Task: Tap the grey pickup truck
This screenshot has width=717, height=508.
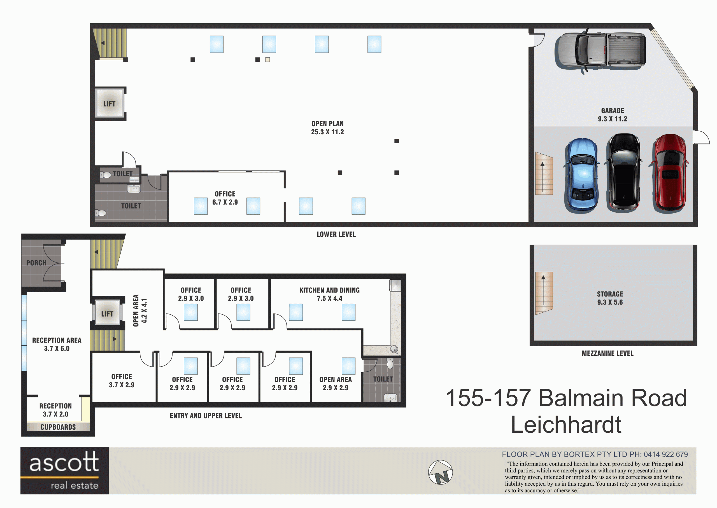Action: pos(600,51)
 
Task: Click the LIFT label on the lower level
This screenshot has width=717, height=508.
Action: pos(109,104)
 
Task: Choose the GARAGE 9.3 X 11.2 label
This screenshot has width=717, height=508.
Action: pos(613,115)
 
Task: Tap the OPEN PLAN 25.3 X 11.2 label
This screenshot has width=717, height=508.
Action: pos(327,128)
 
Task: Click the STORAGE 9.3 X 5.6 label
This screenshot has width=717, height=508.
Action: pos(610,298)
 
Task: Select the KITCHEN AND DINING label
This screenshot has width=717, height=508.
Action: pos(330,290)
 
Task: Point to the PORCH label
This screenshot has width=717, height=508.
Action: pos(36,263)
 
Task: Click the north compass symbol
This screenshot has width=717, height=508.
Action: pos(440,472)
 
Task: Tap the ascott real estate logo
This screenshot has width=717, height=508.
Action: pos(64,470)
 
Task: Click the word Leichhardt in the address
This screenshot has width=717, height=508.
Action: pos(566,425)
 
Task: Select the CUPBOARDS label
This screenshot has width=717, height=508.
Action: pos(58,427)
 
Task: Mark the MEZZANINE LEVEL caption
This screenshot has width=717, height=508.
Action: pos(607,353)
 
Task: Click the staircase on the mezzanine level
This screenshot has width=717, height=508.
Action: pos(544,293)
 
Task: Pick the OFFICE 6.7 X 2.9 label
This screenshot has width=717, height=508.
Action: pos(225,198)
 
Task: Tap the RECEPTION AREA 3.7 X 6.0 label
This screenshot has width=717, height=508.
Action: pos(57,344)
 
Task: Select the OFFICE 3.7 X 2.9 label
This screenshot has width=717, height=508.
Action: pos(122,381)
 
